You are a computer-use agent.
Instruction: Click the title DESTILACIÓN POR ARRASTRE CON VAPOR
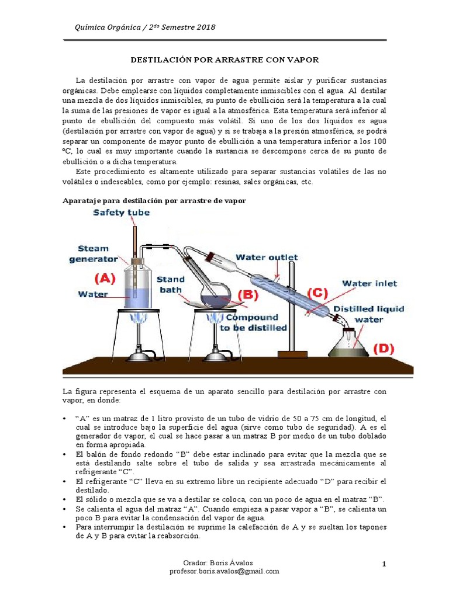tap(224, 60)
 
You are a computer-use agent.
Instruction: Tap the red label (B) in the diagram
tap(248, 294)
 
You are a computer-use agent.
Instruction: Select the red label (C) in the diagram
tap(317, 292)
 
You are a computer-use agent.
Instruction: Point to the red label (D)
tap(384, 349)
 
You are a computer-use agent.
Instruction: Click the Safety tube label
tap(121, 213)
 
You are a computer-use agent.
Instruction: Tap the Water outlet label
tap(267, 257)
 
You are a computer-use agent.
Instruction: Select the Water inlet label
tap(369, 284)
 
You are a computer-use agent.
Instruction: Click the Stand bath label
tap(170, 284)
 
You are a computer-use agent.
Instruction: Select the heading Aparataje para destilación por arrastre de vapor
tap(154, 200)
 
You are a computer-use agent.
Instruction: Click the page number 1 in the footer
tap(384, 564)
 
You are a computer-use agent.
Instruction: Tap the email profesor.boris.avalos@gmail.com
tap(224, 571)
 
